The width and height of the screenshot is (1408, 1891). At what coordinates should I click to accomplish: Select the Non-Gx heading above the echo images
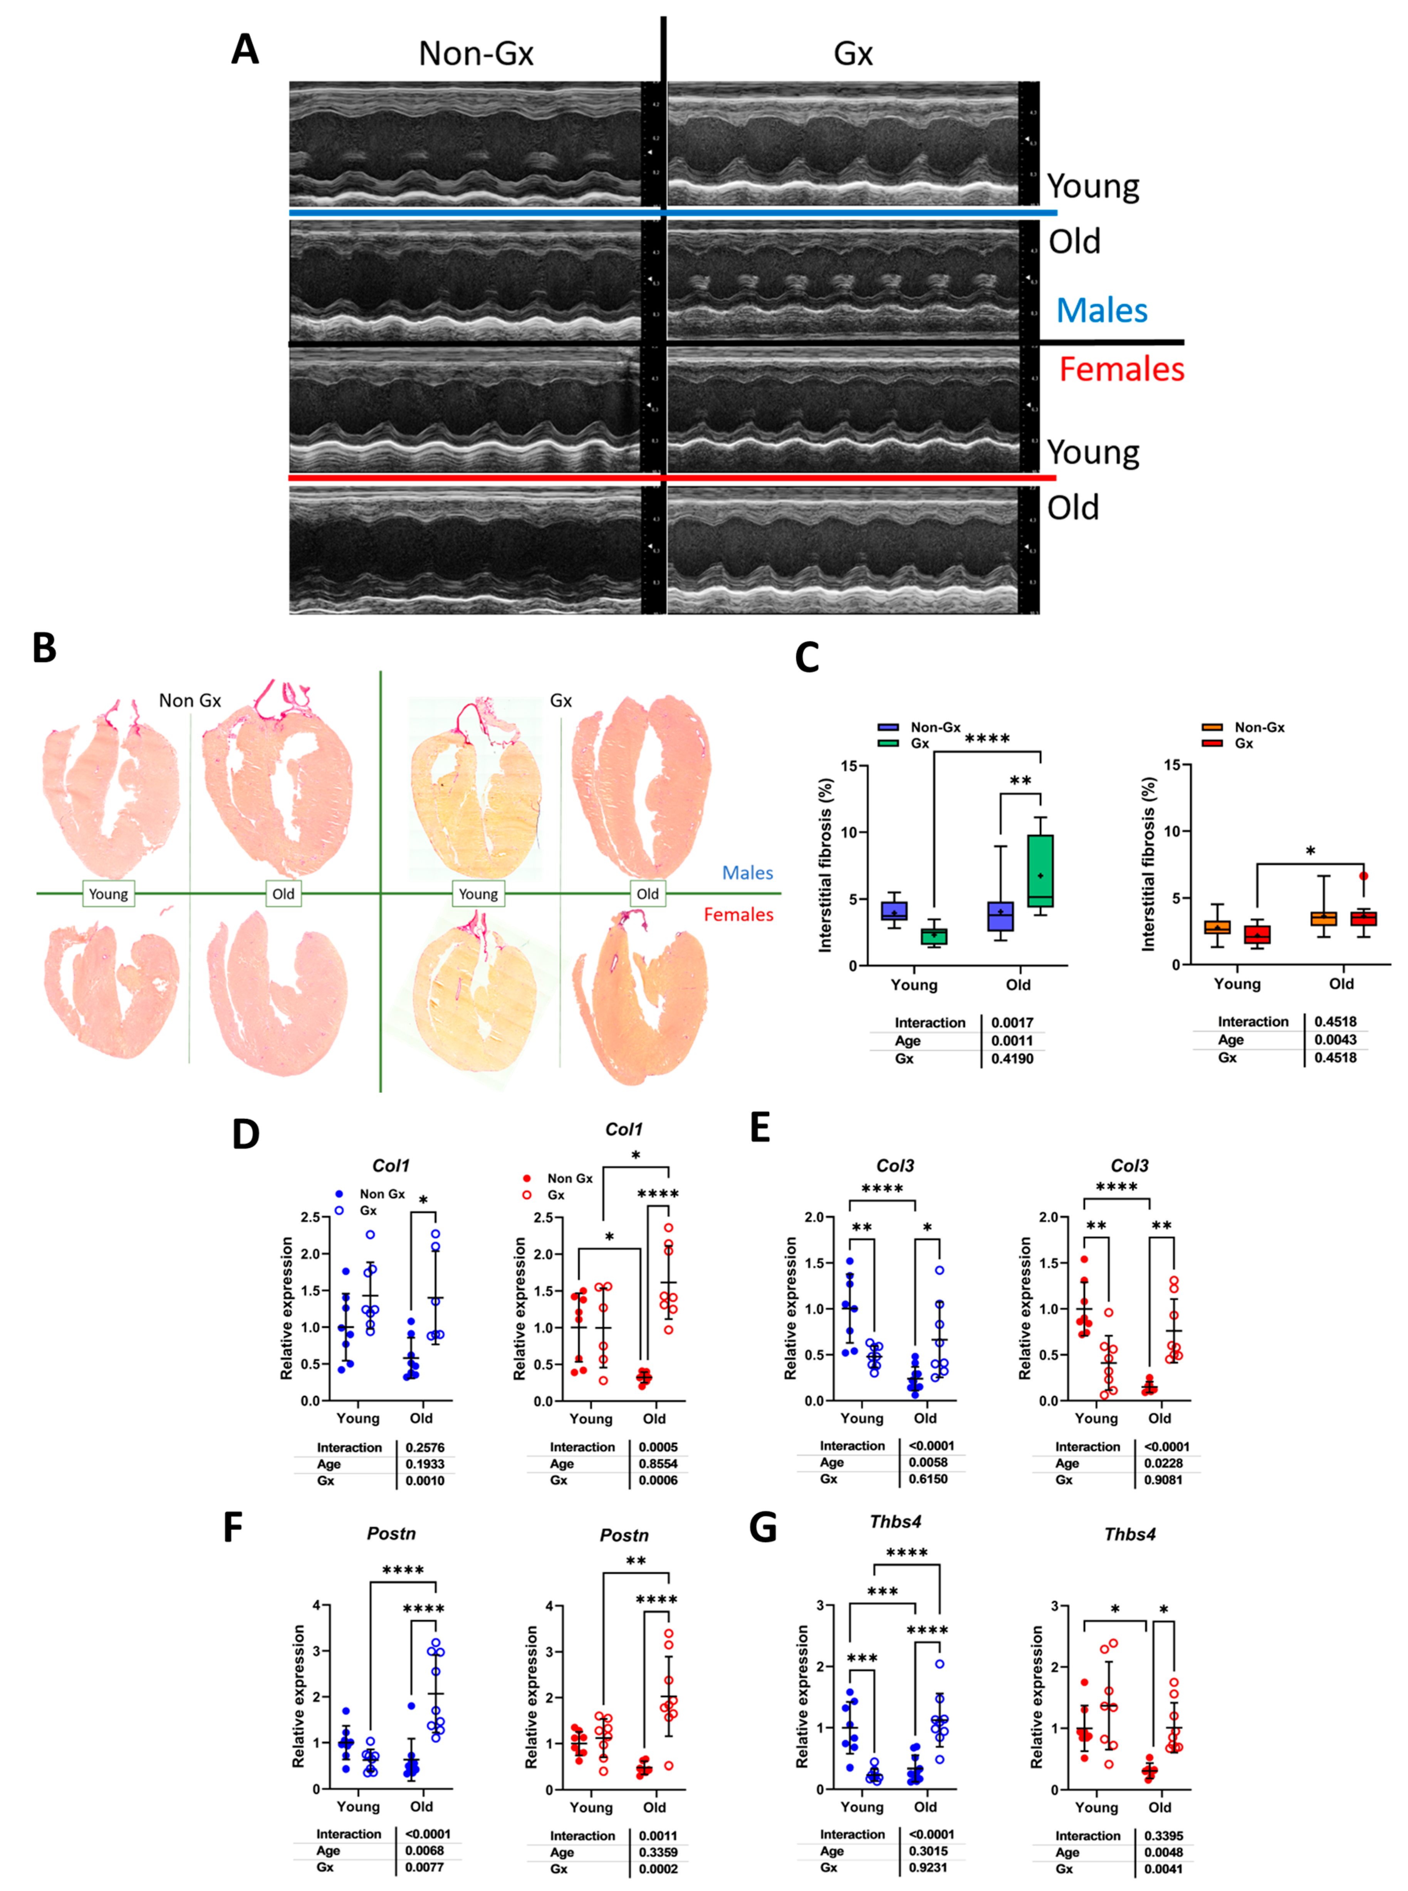click(476, 54)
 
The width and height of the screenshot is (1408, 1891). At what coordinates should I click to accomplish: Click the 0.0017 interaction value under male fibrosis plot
click(1012, 1022)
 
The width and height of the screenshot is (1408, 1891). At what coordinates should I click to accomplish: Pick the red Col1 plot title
click(624, 1129)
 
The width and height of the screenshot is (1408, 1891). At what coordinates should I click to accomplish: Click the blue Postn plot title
click(391, 1533)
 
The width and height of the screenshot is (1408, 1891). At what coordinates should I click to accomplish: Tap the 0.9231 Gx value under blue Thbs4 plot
click(927, 1867)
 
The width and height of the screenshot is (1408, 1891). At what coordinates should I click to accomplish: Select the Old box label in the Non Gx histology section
click(283, 893)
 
